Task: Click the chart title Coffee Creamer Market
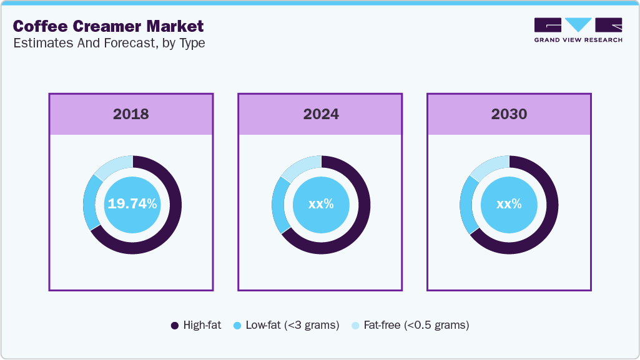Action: click(x=108, y=26)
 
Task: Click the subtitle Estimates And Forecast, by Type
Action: click(x=109, y=43)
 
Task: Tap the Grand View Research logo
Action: click(x=578, y=29)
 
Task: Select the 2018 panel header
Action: click(x=131, y=114)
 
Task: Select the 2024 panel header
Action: click(x=320, y=114)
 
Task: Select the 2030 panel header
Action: click(x=509, y=114)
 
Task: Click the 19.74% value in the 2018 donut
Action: click(x=132, y=204)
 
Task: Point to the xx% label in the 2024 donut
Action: click(x=321, y=204)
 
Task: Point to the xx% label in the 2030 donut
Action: click(x=510, y=204)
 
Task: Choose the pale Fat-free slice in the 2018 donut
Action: click(x=112, y=164)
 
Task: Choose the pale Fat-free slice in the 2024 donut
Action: click(x=301, y=165)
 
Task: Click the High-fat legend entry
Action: click(x=195, y=325)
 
